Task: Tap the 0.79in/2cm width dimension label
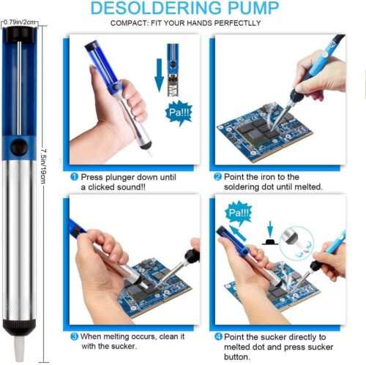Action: pyautogui.click(x=20, y=23)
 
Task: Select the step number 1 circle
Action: pyautogui.click(x=74, y=176)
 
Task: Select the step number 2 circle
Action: pyautogui.click(x=217, y=176)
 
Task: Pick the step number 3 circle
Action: pyautogui.click(x=74, y=337)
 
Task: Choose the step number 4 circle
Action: pyautogui.click(x=217, y=337)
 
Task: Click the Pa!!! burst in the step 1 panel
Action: pyautogui.click(x=178, y=114)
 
